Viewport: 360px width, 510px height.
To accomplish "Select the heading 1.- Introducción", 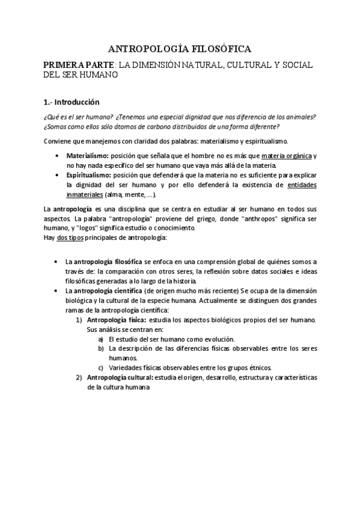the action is [70, 102].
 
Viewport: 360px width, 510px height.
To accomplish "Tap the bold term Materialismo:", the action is [88, 155].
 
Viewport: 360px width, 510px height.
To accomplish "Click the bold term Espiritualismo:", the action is [90, 174].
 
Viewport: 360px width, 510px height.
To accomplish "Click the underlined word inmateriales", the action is [84, 195].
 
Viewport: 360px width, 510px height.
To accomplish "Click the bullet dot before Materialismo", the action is [56, 155].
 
